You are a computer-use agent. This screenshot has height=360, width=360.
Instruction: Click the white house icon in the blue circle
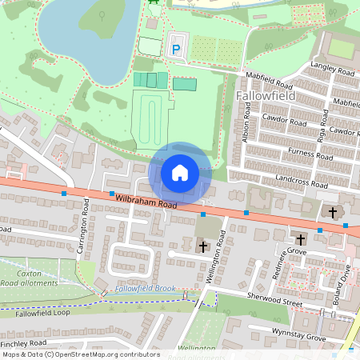pyautogui.click(x=180, y=173)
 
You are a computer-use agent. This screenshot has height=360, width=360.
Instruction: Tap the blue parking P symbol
pyautogui.click(x=176, y=50)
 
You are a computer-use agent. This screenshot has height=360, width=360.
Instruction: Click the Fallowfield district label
pyautogui.click(x=266, y=96)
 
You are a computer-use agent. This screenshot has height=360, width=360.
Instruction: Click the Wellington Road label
pyautogui.click(x=215, y=251)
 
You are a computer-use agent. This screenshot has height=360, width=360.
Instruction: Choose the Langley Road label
pyautogui.click(x=332, y=72)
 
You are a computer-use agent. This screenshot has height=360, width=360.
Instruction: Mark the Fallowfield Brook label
pyautogui.click(x=145, y=287)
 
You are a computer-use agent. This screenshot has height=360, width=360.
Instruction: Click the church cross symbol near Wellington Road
pyautogui.click(x=203, y=247)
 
